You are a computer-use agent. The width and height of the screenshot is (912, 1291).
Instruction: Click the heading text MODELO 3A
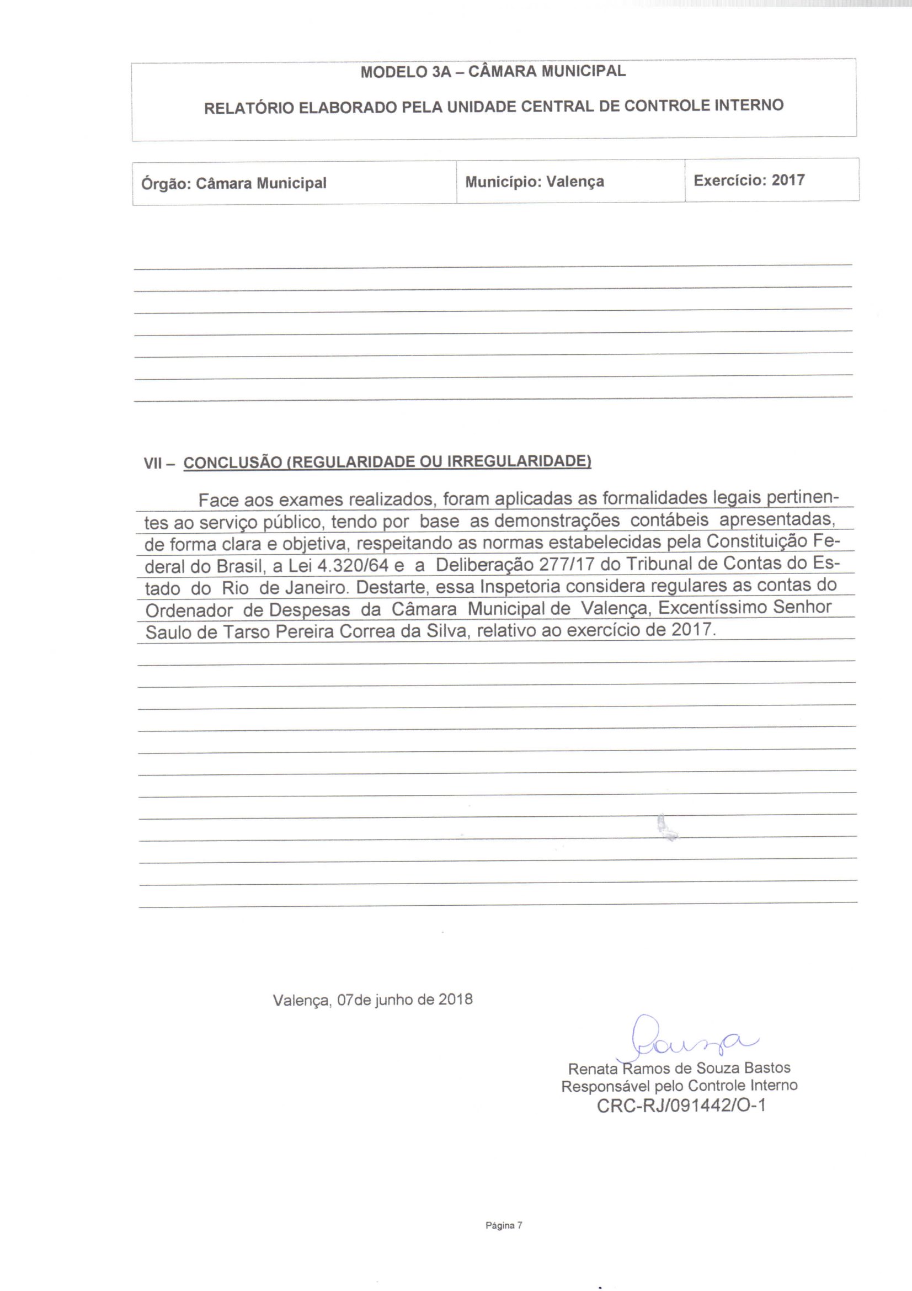(406, 72)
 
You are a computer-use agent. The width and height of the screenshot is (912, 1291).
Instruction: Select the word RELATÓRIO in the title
(248, 108)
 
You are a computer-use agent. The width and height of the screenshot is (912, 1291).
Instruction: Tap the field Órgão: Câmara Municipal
(234, 183)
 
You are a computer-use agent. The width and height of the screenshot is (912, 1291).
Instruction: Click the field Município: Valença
(535, 182)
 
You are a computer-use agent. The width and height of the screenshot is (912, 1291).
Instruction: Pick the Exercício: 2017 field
(749, 180)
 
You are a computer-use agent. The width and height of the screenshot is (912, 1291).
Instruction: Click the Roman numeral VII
(153, 463)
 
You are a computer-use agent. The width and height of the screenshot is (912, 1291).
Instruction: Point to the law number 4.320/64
(353, 565)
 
